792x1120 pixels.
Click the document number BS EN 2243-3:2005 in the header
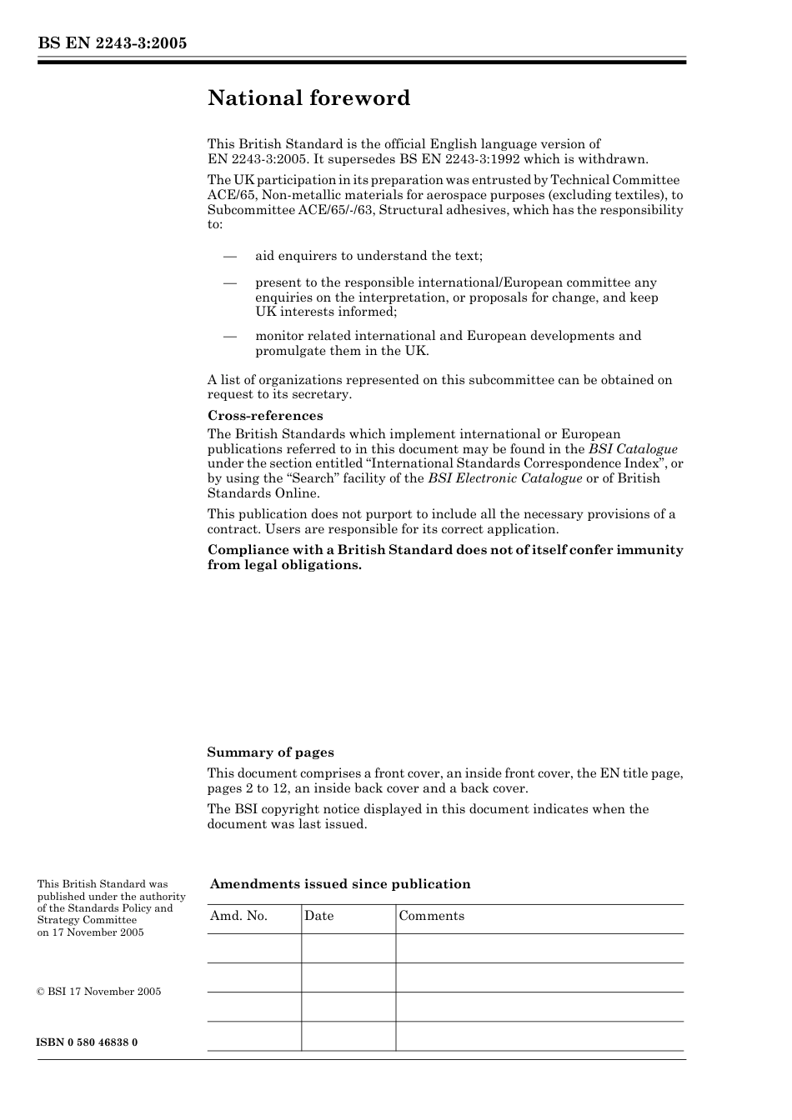click(x=112, y=43)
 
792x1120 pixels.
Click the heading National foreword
click(x=308, y=98)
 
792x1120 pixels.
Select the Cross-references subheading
click(x=265, y=416)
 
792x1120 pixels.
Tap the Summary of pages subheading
click(x=270, y=752)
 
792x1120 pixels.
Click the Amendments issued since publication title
click(x=340, y=884)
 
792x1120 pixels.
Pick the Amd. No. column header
click(x=238, y=916)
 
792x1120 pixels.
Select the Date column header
click(x=318, y=916)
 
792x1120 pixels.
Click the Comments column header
click(x=431, y=916)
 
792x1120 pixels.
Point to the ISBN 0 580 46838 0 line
click(x=88, y=1042)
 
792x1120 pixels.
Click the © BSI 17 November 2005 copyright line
click(x=99, y=992)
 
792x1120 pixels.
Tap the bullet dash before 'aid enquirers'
click(x=230, y=257)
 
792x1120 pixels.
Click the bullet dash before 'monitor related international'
click(x=230, y=337)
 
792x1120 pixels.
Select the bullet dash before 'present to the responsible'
click(x=230, y=283)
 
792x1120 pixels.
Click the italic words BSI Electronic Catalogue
click(x=504, y=478)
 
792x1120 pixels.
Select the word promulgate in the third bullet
click(x=290, y=351)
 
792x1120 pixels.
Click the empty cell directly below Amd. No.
click(x=253, y=948)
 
